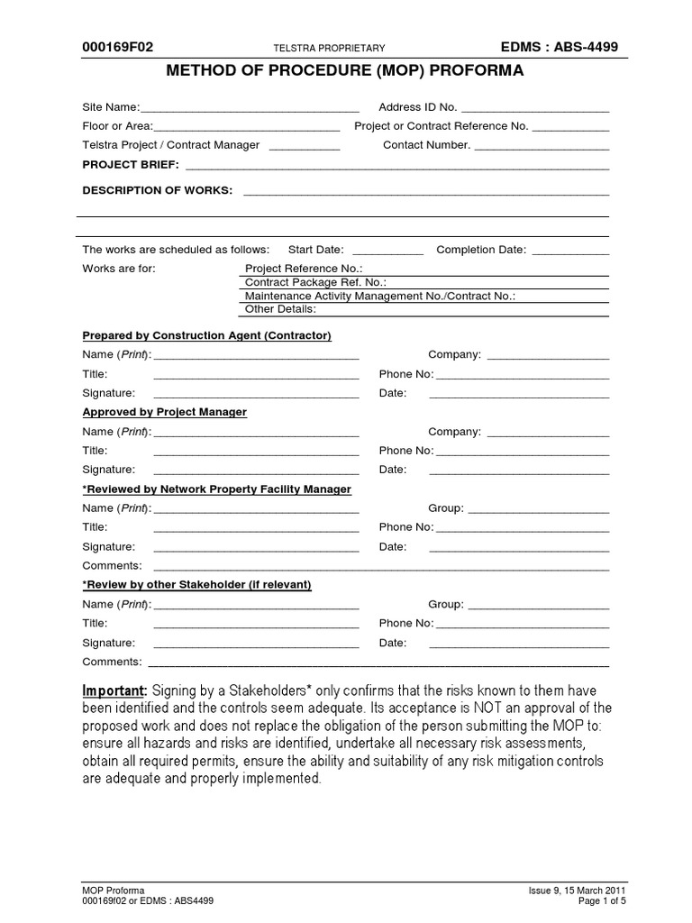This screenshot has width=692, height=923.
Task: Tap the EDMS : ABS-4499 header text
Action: point(560,48)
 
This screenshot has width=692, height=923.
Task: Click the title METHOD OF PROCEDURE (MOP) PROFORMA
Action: point(346,71)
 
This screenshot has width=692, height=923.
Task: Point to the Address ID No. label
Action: point(417,107)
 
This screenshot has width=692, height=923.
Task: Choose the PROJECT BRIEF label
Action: point(131,164)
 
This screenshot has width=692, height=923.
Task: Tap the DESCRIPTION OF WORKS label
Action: point(157,190)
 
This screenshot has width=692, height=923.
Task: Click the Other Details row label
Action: point(280,309)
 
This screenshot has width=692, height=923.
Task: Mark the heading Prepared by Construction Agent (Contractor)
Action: point(207,335)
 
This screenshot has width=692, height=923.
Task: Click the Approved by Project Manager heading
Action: point(164,412)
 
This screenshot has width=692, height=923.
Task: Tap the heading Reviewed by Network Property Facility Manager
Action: point(216,489)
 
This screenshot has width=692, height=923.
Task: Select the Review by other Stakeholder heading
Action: point(196,585)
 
